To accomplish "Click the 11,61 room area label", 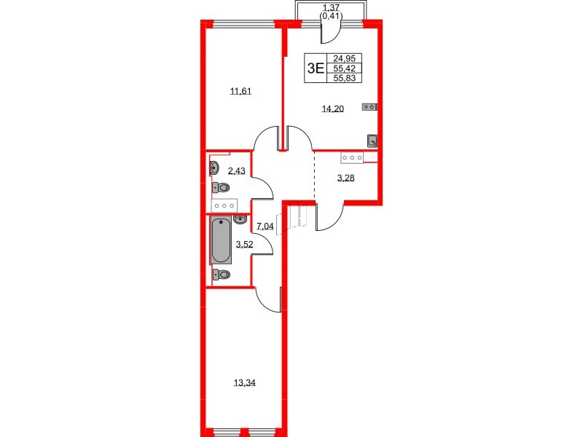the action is [x=241, y=90].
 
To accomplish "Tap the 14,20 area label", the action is [x=333, y=109].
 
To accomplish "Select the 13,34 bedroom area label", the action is [x=245, y=382].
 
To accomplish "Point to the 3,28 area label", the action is [x=345, y=178].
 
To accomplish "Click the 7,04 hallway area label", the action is [x=265, y=226].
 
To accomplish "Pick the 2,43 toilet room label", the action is [x=237, y=170].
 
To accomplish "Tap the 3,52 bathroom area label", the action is [x=245, y=244].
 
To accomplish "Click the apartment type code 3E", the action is [x=316, y=68].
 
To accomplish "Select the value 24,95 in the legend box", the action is [x=344, y=58].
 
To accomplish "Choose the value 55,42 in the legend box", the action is [x=344, y=68].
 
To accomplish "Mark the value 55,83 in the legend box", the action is [x=344, y=78].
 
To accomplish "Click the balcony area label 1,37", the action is [x=331, y=7].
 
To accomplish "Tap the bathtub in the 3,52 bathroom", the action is [x=222, y=241].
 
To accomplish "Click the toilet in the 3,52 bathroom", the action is [x=222, y=275].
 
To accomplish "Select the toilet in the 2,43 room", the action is [x=221, y=187].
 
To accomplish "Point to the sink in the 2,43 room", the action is [x=214, y=168].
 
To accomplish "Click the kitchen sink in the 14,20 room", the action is [x=372, y=141].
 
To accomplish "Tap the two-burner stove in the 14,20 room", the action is [x=369, y=107].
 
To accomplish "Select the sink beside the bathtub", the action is [x=240, y=220].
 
